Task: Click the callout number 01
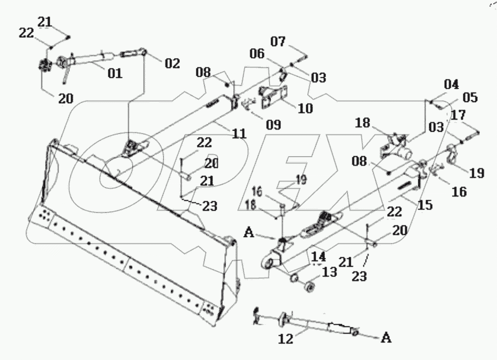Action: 114,73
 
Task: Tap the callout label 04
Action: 451,85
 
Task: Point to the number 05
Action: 470,98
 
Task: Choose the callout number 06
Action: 257,53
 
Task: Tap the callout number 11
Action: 239,133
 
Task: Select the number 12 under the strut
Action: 286,339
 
